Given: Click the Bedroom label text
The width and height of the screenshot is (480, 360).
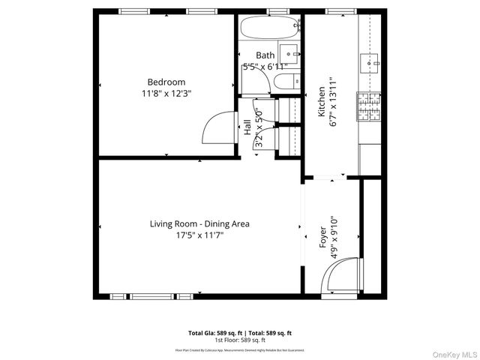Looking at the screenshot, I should coord(166,82).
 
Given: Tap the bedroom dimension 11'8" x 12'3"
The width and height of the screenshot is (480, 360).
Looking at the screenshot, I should coord(166,94).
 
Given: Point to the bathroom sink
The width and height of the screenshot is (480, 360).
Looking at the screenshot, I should coord(290,53).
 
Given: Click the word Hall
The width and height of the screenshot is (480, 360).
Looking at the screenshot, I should coord(247,128).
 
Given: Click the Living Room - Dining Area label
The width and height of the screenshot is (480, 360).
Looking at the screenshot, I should coord(199,223).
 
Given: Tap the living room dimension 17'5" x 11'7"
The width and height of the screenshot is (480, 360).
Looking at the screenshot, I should coord(199,235).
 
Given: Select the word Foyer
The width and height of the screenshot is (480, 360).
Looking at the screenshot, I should coord(322,237).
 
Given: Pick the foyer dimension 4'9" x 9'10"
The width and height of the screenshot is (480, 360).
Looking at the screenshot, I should coord(334,237).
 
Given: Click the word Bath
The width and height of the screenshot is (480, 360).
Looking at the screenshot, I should coord(265,55).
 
